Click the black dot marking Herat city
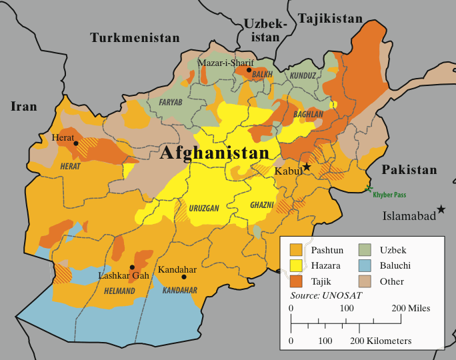tap(76, 143)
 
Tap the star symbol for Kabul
tap(307, 166)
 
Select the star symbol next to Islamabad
tap(441, 210)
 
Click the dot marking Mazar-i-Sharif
tap(249, 70)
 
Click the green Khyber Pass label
tap(399, 194)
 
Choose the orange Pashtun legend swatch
tap(297, 250)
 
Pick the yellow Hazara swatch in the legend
tap(297, 265)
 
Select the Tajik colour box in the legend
tap(297, 281)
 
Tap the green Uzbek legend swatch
tap(365, 250)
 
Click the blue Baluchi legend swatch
tap(365, 265)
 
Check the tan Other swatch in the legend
tap(365, 281)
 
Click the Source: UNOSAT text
tap(323, 295)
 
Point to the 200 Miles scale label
tap(411, 309)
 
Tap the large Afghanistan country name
tap(214, 153)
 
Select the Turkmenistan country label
tap(135, 38)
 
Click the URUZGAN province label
tap(203, 209)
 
